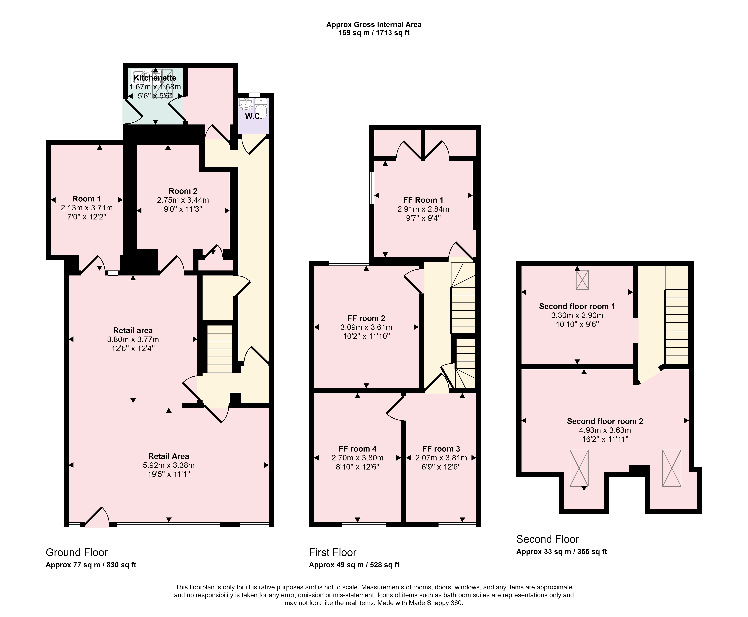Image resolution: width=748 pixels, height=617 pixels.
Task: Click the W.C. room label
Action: click(253, 116)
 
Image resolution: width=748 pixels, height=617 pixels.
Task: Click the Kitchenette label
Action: click(155, 78)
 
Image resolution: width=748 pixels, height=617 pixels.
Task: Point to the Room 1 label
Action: click(86, 199)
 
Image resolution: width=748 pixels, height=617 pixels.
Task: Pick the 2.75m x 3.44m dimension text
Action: click(183, 200)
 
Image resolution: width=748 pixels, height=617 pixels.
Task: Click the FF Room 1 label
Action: click(423, 200)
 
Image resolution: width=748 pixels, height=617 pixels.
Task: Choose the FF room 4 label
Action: click(357, 449)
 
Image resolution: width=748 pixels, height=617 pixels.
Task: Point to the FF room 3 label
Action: click(441, 449)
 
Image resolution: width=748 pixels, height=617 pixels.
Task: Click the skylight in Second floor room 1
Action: click(582, 280)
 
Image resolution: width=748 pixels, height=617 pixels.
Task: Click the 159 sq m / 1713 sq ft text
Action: click(374, 33)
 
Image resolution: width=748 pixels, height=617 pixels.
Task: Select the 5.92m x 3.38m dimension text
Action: click(169, 465)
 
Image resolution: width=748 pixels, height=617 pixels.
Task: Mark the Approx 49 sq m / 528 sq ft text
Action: click(354, 565)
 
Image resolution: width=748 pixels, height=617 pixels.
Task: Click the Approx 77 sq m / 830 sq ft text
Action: click(91, 565)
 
